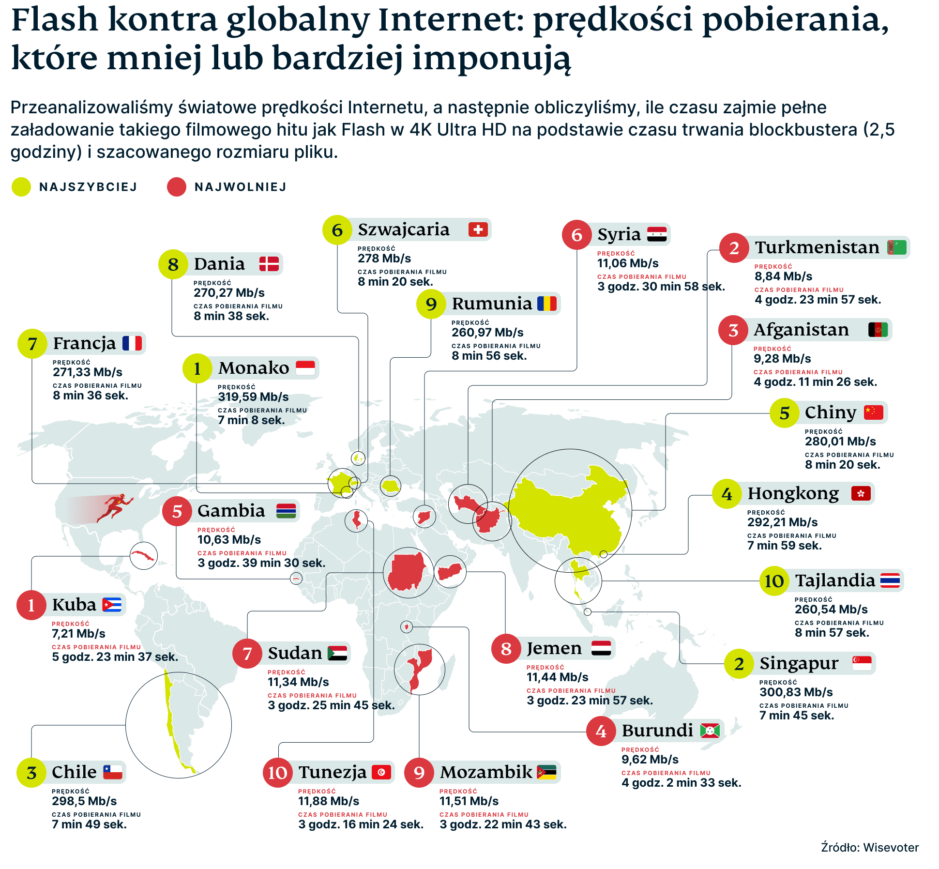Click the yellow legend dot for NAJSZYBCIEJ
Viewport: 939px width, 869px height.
click(21, 187)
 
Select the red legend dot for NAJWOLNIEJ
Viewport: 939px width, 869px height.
click(176, 187)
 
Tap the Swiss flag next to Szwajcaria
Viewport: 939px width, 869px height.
click(478, 229)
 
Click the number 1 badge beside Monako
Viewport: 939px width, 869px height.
click(197, 368)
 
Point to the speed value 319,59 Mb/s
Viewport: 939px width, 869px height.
click(253, 397)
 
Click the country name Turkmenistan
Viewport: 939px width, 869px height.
click(817, 247)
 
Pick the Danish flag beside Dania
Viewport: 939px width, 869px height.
click(269, 264)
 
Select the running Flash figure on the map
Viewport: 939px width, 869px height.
click(115, 507)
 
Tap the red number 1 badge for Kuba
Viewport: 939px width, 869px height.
click(31, 605)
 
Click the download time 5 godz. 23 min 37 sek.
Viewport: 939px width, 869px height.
click(115, 657)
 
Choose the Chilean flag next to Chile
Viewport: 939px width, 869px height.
click(113, 772)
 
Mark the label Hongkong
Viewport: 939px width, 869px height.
click(793, 494)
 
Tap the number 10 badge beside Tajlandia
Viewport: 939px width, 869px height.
click(774, 581)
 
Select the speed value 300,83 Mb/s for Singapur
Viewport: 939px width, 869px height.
click(796, 692)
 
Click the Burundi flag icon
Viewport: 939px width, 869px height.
click(710, 731)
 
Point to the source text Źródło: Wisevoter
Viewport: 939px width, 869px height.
click(870, 848)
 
